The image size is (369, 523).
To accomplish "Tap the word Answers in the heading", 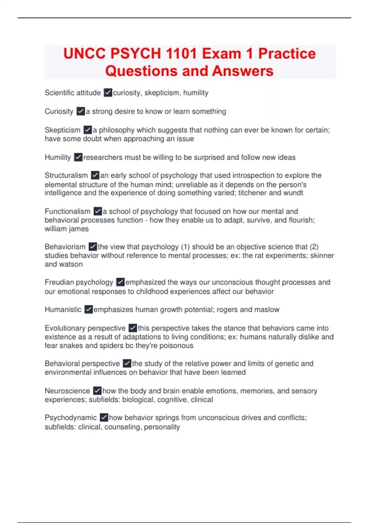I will [243, 71].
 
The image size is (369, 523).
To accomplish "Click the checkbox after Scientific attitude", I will [108, 93].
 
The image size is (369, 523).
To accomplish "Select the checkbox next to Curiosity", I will [81, 111].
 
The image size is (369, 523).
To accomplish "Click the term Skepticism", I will [62, 130].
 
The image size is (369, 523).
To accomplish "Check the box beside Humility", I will [78, 157].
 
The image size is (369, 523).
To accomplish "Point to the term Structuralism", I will [66, 175].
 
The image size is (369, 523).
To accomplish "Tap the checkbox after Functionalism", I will [97, 211].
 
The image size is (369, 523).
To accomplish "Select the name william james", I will [67, 229].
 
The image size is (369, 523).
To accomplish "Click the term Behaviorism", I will [65, 247].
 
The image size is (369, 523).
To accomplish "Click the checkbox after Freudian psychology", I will [120, 282].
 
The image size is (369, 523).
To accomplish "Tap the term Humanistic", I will [63, 309].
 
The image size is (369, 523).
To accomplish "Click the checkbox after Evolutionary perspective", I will [133, 328].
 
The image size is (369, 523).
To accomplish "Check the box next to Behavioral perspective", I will [127, 363].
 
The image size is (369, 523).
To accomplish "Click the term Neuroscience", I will [67, 391].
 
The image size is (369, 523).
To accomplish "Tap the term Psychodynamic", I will [71, 417].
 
